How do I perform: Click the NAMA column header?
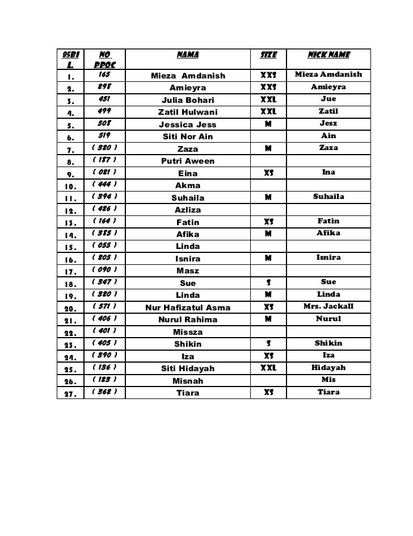click(188, 56)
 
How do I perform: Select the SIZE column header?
click(268, 56)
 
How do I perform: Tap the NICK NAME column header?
click(328, 56)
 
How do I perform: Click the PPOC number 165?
click(104, 75)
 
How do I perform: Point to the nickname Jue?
click(328, 99)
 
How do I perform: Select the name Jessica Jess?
click(188, 124)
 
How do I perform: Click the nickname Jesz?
click(328, 123)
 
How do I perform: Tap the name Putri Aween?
click(188, 161)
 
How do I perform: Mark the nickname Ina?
click(328, 172)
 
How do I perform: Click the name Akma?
click(188, 185)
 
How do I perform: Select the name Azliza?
click(188, 210)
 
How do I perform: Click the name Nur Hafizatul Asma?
click(188, 308)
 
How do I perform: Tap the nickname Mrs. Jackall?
click(328, 307)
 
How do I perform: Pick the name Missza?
click(188, 332)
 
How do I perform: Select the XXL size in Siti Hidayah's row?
click(268, 368)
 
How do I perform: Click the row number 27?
click(71, 393)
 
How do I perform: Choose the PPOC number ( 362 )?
click(104, 392)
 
